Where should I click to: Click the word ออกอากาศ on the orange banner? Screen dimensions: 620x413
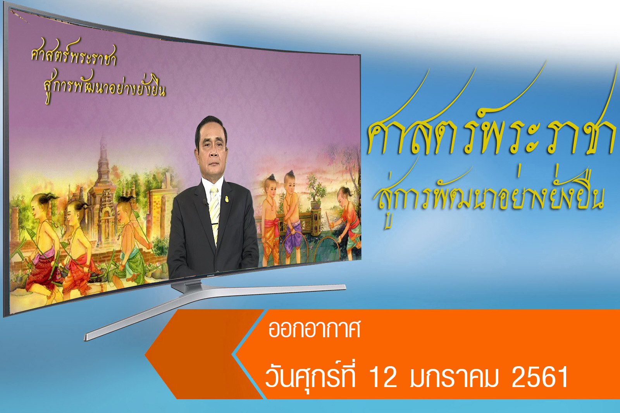[314, 329]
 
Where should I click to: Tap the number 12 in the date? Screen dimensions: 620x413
[383, 377]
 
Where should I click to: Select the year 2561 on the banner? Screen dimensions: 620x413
[540, 377]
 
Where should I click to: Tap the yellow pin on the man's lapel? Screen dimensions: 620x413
[227, 199]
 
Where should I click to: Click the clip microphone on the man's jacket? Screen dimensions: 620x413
[205, 203]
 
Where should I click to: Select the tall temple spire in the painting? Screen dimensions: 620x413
[103, 163]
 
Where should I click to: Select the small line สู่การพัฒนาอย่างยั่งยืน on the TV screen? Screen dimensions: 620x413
[105, 88]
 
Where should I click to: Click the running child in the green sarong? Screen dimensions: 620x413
[129, 240]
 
